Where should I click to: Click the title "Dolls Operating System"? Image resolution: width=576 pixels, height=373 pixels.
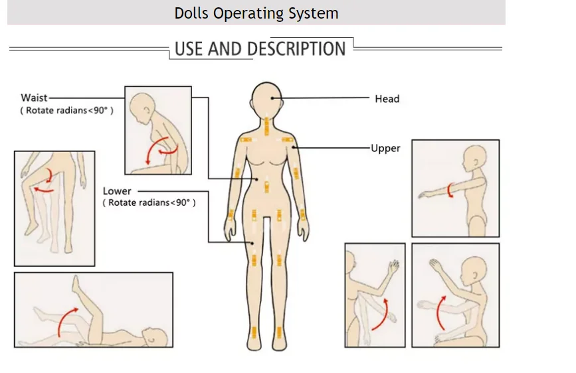pos(256,13)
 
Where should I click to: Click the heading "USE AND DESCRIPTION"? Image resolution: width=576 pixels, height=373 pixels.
pos(260,49)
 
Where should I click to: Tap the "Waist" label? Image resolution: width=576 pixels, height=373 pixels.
pos(34,98)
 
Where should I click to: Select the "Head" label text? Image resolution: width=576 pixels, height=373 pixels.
pos(387,99)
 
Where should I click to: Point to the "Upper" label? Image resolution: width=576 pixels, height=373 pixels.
pos(385,148)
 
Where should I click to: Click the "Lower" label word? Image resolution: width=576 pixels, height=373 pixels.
pos(117,191)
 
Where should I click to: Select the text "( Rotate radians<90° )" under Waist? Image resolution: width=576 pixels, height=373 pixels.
pos(66,111)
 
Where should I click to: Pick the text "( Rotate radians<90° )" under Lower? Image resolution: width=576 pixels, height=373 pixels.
pos(149,202)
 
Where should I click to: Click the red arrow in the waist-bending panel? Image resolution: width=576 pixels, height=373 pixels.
pos(160,150)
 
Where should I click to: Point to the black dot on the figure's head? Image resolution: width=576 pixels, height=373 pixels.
pos(272,98)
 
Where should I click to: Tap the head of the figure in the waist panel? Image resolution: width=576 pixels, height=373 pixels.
pos(142,106)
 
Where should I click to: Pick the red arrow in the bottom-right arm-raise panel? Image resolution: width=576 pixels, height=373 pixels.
pos(440,312)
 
